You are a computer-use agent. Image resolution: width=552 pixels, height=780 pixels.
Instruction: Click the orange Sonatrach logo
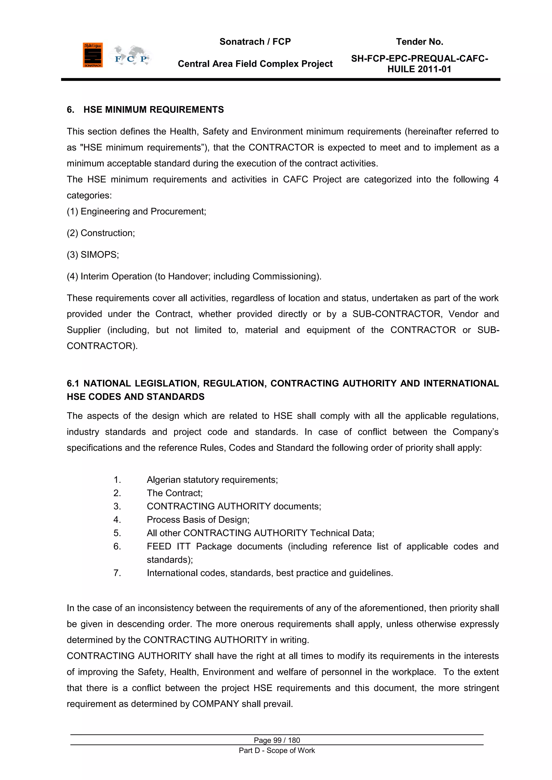click(92, 55)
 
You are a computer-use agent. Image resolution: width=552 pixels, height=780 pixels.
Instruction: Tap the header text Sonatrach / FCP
click(255, 42)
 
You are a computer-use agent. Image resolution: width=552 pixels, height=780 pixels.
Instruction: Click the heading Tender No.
click(419, 42)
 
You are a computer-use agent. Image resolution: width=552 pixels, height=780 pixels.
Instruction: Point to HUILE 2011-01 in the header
click(419, 69)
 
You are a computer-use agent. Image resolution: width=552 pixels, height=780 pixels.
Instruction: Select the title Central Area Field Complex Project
click(255, 64)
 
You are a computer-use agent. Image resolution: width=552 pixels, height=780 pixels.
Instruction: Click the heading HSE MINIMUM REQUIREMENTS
click(153, 110)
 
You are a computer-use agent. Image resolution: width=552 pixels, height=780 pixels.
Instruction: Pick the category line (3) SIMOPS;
click(93, 255)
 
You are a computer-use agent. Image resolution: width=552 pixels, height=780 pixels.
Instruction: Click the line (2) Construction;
click(101, 233)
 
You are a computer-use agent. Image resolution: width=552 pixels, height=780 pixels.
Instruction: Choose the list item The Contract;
click(175, 493)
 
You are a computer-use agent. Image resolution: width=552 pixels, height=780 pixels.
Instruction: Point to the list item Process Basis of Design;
click(198, 520)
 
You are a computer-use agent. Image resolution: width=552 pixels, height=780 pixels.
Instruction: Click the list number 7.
click(117, 573)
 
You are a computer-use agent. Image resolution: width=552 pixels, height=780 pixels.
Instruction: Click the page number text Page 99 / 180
click(277, 740)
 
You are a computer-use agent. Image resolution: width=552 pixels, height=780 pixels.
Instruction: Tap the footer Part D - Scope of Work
click(277, 750)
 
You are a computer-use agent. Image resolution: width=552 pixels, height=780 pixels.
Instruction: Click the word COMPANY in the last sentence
click(216, 704)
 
